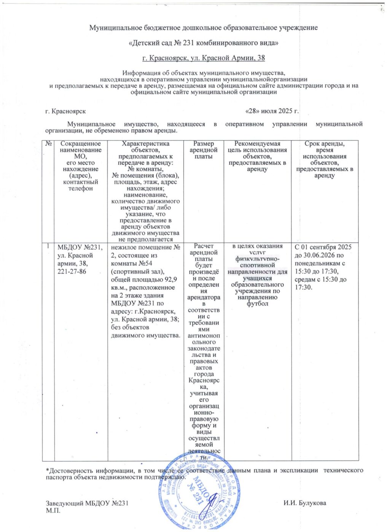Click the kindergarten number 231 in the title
click(189, 43)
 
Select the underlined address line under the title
click(203, 58)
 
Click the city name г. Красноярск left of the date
click(65, 111)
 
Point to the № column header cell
click(49, 144)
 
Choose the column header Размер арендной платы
click(204, 150)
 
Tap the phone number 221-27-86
click(72, 272)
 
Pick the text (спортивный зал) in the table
click(135, 272)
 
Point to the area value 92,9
click(169, 280)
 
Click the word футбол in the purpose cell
click(257, 304)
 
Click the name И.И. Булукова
click(304, 503)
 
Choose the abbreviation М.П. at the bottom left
click(53, 510)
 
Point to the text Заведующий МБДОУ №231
click(87, 503)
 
